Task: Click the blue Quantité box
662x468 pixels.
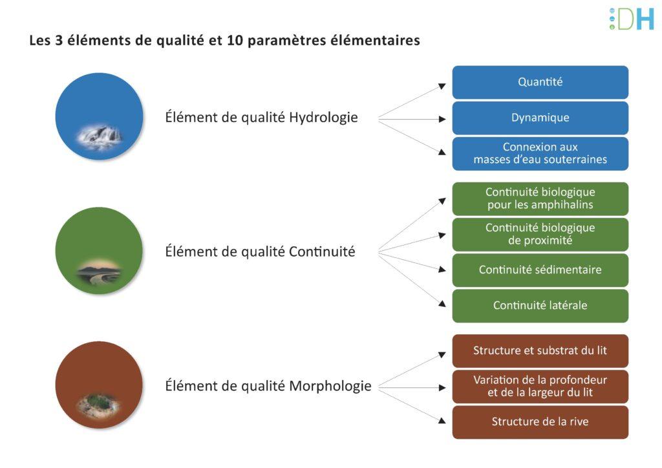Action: [x=540, y=82]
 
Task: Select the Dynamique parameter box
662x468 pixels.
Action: [x=540, y=118]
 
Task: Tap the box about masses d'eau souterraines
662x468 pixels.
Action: [x=540, y=154]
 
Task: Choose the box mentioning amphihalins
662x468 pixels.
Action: [x=540, y=198]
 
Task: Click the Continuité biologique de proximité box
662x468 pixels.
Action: [x=540, y=235]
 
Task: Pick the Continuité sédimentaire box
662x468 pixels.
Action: [x=540, y=270]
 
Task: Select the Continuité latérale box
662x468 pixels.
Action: [x=540, y=306]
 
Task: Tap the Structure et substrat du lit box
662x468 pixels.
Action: [x=540, y=351]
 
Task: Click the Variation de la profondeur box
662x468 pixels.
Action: [x=540, y=387]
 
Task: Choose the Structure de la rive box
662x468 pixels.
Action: [x=540, y=422]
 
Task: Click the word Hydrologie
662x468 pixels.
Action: [x=323, y=118]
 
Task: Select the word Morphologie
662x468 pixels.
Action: [x=330, y=386]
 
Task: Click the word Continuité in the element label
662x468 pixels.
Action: [x=322, y=252]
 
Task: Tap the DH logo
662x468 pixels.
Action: [x=632, y=19]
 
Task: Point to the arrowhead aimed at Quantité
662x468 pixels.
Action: [x=442, y=86]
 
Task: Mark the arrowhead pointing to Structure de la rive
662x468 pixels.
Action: [x=442, y=420]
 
